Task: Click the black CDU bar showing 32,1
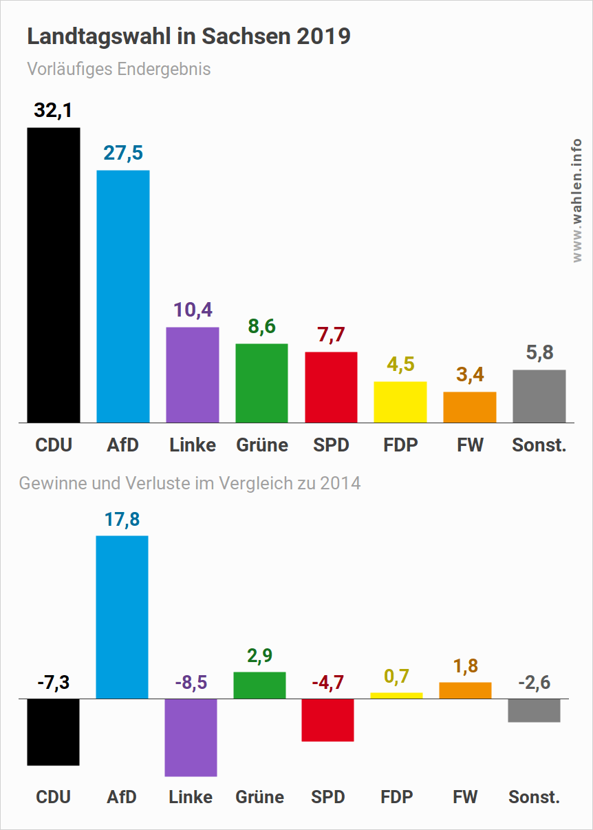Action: coord(54,275)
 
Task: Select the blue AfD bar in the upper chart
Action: coord(123,296)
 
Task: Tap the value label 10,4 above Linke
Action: coord(192,310)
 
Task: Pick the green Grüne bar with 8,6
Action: coord(261,383)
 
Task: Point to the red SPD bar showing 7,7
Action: coord(331,387)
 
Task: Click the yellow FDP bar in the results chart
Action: coord(400,402)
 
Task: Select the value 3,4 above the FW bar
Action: coord(470,375)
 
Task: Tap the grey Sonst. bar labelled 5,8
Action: coord(539,396)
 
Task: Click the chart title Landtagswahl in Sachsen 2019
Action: coord(188,36)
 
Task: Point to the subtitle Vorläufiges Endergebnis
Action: coord(119,70)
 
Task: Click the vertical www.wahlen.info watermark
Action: coord(577,200)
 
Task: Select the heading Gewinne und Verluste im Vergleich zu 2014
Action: coord(190,483)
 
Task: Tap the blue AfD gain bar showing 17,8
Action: coord(122,617)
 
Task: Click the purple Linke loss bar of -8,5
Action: coord(191,737)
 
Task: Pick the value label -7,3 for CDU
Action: coord(53,683)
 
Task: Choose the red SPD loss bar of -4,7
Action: coord(327,720)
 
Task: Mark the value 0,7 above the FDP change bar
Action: coord(397,677)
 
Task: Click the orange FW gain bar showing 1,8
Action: coord(465,690)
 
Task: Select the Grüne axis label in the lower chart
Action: coord(259,797)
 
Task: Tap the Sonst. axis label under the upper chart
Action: coord(539,445)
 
